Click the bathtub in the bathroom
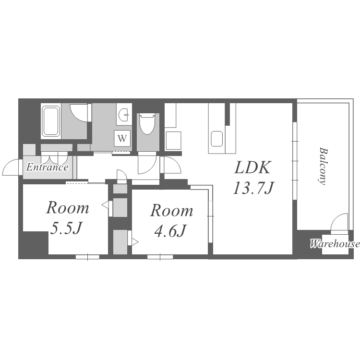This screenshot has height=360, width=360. [51, 121]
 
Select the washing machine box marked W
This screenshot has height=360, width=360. [122, 138]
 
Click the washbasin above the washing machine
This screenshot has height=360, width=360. [124, 114]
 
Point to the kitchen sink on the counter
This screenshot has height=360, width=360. [217, 139]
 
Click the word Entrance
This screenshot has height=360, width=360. [48, 167]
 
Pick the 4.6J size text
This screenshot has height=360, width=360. [170, 231]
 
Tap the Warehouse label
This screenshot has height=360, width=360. [335, 243]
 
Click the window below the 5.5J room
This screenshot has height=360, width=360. [87, 257]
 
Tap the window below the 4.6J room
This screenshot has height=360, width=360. [160, 257]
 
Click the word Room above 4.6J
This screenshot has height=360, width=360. [171, 210]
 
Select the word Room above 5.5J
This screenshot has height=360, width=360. [68, 208]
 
